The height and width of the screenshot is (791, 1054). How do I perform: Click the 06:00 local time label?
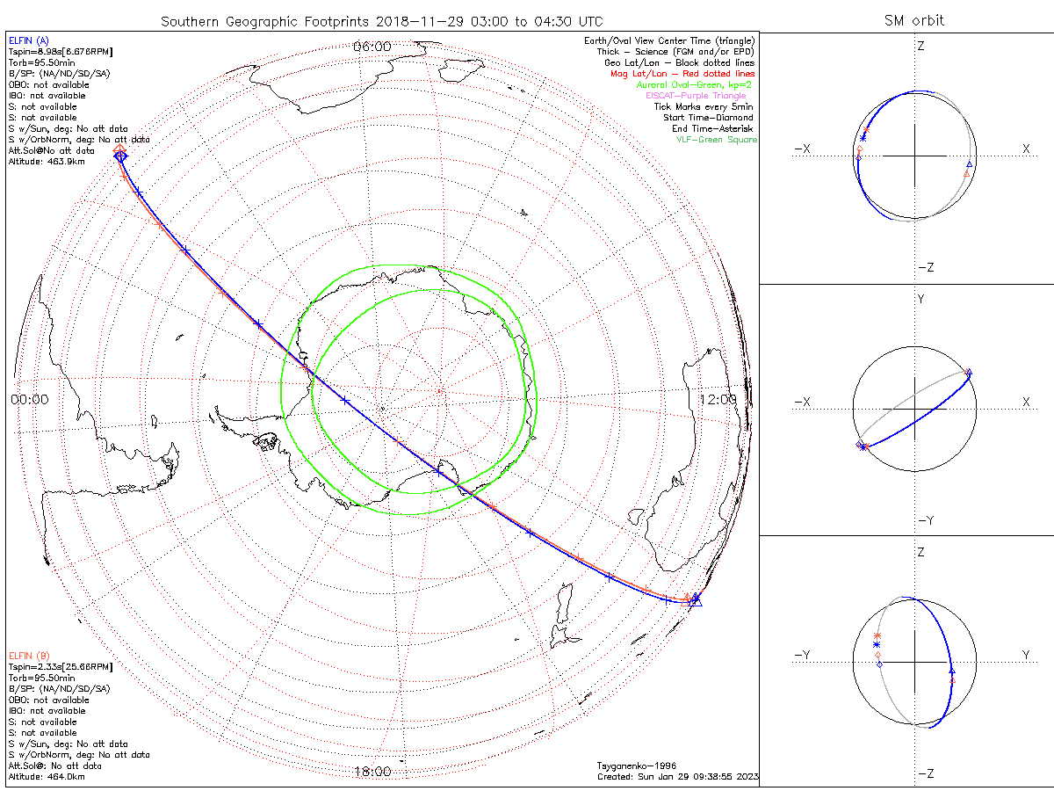point(372,46)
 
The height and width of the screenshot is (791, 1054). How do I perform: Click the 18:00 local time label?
point(372,772)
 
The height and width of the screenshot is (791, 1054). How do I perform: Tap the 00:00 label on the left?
point(29,399)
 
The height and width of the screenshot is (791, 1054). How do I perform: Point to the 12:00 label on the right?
point(718,399)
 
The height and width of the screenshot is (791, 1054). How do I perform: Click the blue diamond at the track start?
point(120,156)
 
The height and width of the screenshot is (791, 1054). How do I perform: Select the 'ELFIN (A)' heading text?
point(29,40)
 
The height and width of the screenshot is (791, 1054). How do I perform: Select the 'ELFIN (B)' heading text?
point(29,655)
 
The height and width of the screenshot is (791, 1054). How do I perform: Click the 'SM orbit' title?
point(916,20)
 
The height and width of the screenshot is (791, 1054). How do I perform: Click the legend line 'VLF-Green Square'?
point(715,140)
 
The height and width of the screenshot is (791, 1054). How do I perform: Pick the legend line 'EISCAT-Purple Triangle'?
point(699,96)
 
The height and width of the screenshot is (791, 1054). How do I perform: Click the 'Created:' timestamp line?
point(676,777)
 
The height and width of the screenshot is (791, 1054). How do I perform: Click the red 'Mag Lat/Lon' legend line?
point(682,74)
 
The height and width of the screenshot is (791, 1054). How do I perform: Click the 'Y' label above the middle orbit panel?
point(920,299)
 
